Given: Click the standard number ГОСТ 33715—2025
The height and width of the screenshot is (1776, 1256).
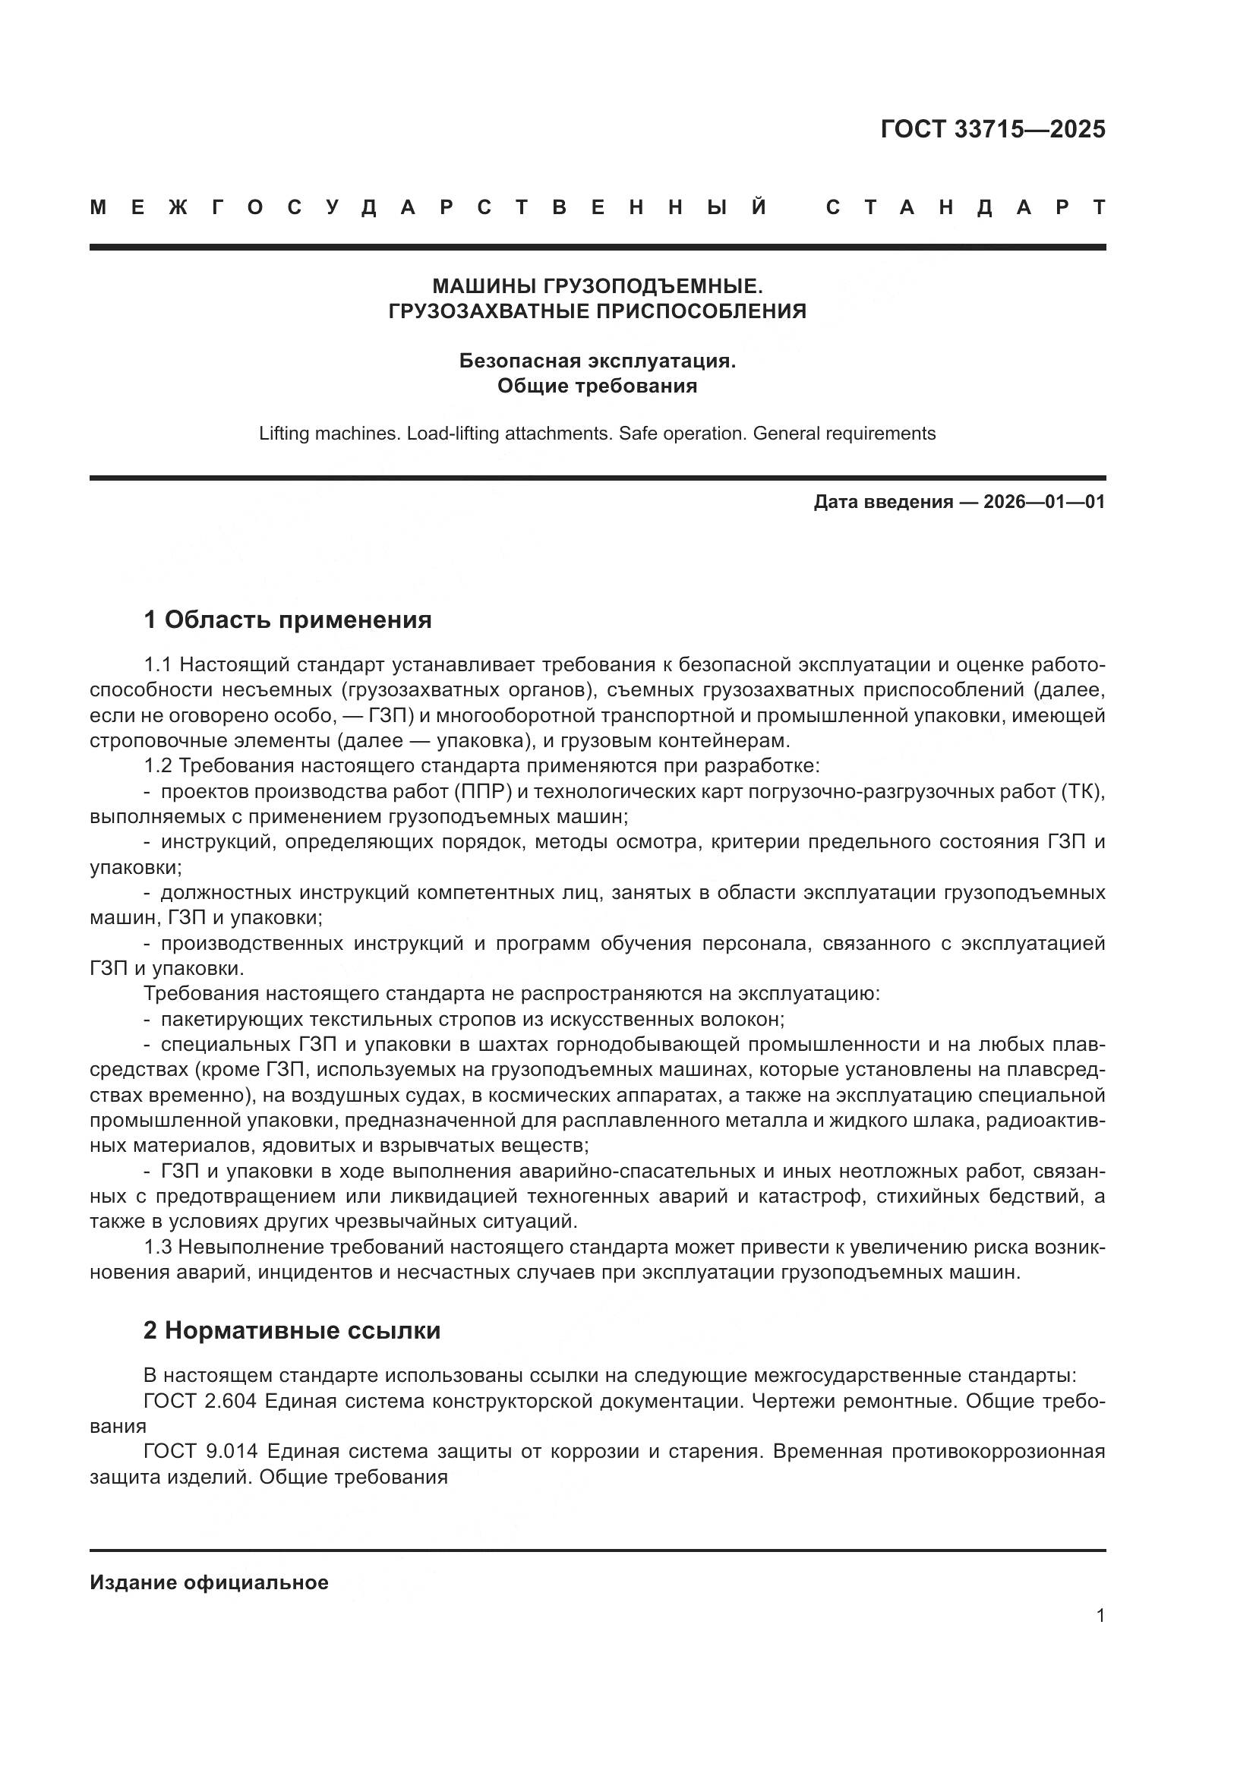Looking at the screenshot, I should pos(992,129).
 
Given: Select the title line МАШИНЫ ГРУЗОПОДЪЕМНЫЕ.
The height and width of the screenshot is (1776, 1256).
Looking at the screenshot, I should pos(597,286).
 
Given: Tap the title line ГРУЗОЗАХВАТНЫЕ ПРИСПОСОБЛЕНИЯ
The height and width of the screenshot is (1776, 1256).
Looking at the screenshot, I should pos(597,311).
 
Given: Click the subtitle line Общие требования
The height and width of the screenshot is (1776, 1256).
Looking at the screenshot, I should pos(597,385).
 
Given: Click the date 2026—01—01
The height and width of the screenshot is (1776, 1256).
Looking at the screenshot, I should pos(1044,502).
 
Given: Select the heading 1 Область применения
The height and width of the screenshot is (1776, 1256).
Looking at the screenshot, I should pos(287,620).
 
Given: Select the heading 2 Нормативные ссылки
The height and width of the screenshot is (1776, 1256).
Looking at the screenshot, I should pos(292,1330).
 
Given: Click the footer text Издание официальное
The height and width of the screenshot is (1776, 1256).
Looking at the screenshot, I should pos(209,1582).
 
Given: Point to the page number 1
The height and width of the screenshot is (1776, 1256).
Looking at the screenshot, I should pos(1100,1616).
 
